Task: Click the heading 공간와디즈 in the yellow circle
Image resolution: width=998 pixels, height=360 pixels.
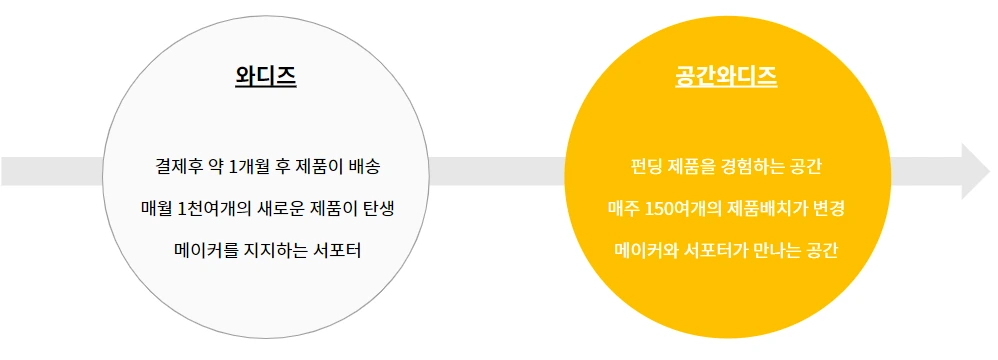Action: click(727, 76)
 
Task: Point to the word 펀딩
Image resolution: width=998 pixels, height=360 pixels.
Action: click(638, 164)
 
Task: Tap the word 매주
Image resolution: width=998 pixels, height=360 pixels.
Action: click(622, 208)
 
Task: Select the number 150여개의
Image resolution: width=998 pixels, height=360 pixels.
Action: click(686, 208)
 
